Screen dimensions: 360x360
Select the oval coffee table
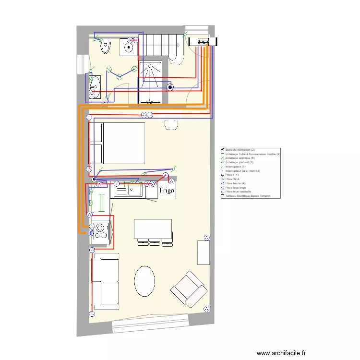pos(144,281)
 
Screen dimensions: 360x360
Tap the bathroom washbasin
pos(95,86)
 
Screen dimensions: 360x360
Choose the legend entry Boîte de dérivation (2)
pos(240,150)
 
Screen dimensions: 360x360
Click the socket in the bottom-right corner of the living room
pos(207,309)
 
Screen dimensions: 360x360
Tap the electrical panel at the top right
pos(202,43)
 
